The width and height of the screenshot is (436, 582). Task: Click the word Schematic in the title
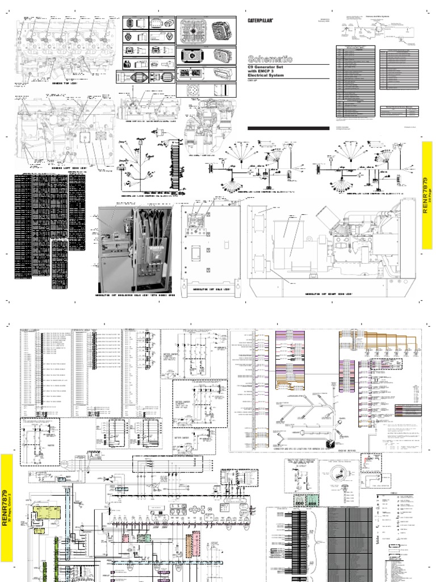tap(270, 59)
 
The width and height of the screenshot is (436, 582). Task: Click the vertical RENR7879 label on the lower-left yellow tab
tap(7, 500)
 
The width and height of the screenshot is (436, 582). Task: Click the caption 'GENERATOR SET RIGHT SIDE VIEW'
tap(328, 294)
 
